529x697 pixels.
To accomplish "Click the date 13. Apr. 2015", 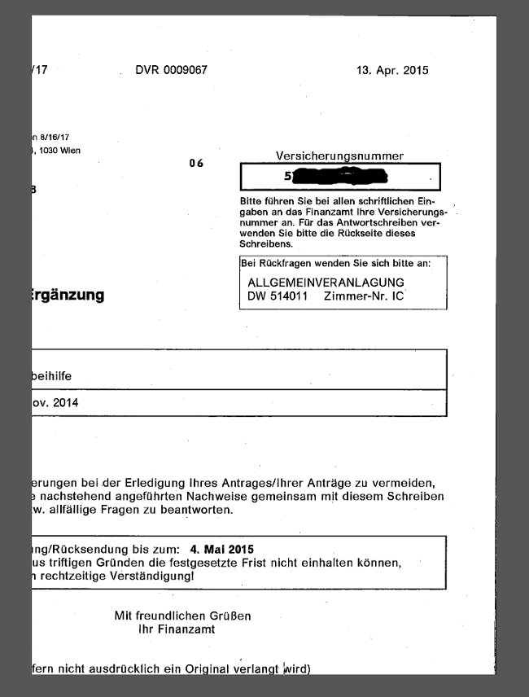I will coord(392,70).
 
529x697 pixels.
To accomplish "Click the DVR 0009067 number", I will coord(171,70).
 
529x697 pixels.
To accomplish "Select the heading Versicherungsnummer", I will coord(339,156).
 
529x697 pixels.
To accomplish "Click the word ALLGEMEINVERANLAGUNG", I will coord(326,282).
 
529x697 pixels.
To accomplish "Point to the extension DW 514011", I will coord(277,296).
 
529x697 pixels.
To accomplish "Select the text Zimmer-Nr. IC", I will coord(363,296).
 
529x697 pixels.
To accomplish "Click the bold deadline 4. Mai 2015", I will coord(221,549).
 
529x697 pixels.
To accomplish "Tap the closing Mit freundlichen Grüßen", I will coord(183,616).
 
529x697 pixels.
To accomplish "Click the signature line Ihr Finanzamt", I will coord(177,629).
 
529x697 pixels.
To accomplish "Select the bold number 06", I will coord(196,164).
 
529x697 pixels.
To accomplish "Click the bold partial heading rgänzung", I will coord(68,295).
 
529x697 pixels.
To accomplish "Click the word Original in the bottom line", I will coord(229,669).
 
